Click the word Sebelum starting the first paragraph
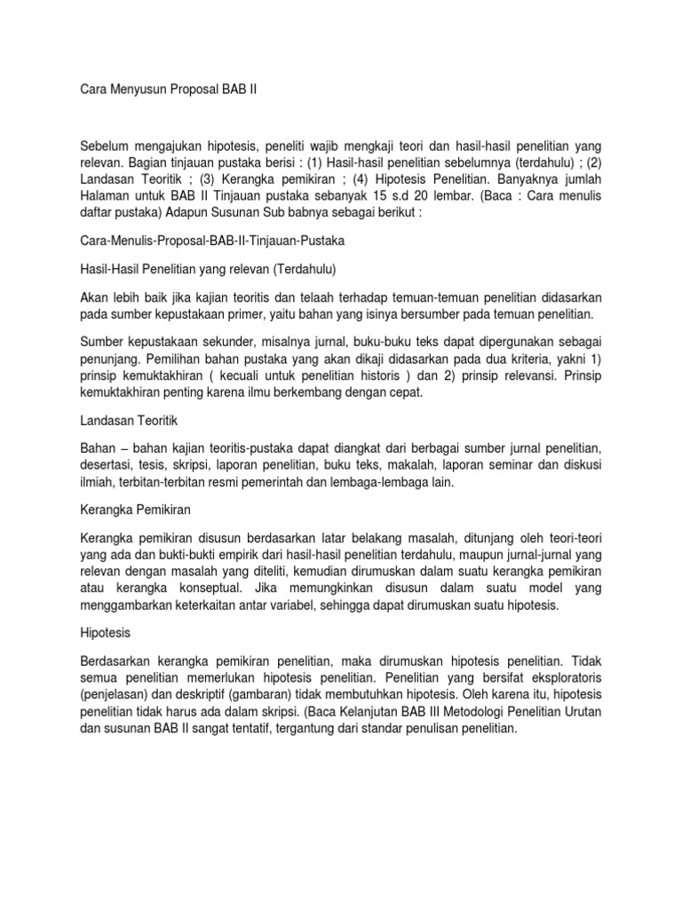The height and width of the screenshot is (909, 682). [106, 146]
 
